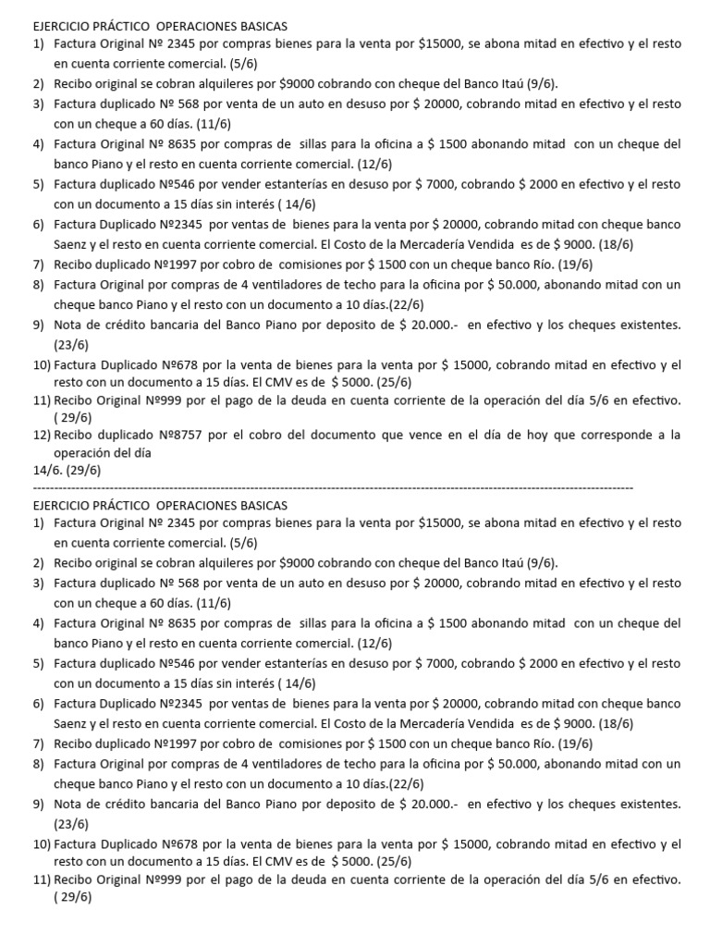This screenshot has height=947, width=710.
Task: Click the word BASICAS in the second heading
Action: (x=264, y=505)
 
